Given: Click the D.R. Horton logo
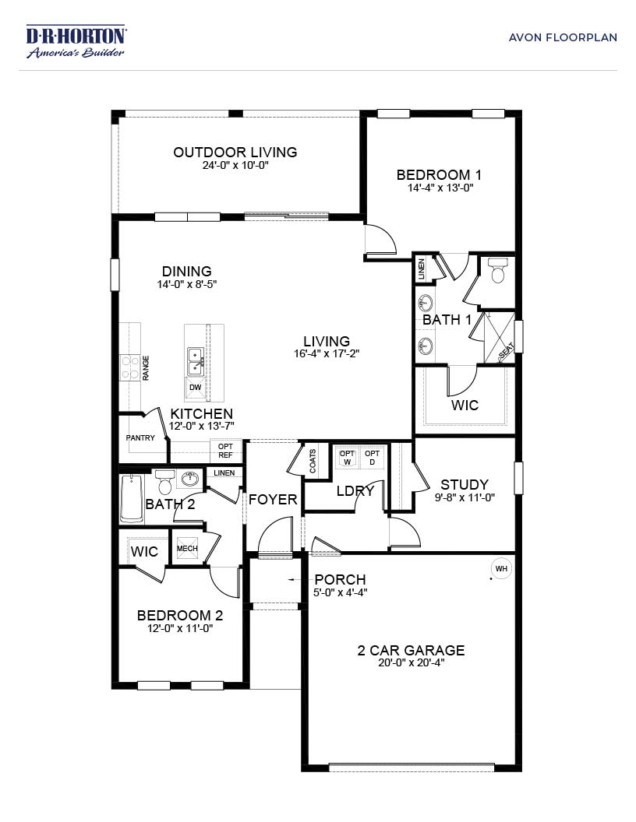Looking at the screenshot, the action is point(76,40).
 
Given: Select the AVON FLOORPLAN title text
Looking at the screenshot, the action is point(563,37).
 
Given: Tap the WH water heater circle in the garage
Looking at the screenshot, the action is point(501,569).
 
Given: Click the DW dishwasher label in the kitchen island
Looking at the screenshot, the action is point(195,388).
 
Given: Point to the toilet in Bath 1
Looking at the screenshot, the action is point(496,270).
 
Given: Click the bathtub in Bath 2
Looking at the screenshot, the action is point(132,498).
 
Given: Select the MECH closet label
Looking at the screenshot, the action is point(187,548).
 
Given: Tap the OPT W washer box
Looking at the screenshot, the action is point(348,457).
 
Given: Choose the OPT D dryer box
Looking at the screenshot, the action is point(372,457).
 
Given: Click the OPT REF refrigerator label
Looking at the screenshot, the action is point(226,451).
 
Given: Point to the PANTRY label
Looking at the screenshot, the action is point(140,437).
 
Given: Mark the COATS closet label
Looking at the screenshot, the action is point(313,461).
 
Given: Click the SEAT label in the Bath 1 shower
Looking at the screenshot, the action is point(507,351).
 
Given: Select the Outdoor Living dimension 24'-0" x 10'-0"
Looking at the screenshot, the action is point(235,165).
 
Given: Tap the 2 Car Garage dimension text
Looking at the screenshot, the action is point(412,662).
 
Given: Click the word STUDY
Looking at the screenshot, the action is point(465,484).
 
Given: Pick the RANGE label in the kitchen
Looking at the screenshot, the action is point(146,368).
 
